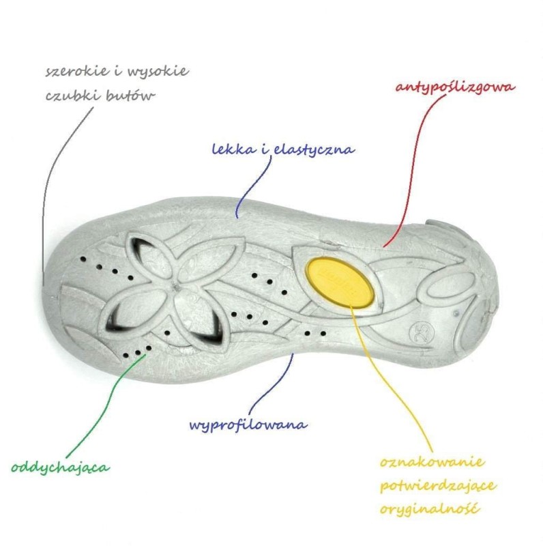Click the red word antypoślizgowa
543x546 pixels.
pos(455,87)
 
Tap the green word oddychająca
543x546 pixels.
pos(61,468)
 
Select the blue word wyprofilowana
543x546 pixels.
pos(248,425)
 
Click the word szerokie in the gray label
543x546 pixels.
pos(76,71)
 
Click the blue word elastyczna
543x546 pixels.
pos(314,150)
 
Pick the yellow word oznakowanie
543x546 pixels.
pos(432,462)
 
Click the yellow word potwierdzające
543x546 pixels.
pos(438,486)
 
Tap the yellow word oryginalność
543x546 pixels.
pos(430,509)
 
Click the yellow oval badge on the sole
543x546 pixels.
pos(340,281)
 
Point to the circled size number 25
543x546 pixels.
pos(422,333)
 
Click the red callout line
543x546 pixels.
pos(413,167)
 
